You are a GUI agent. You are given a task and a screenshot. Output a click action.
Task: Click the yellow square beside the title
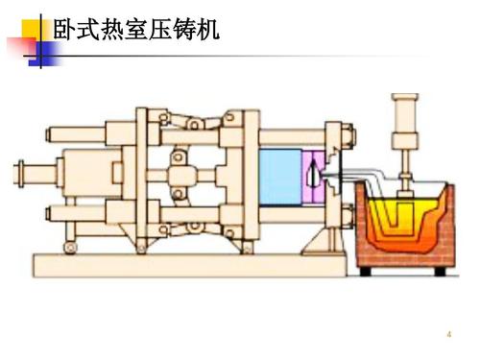tap(28, 21)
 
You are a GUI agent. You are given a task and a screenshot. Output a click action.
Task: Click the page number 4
tap(447, 334)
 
